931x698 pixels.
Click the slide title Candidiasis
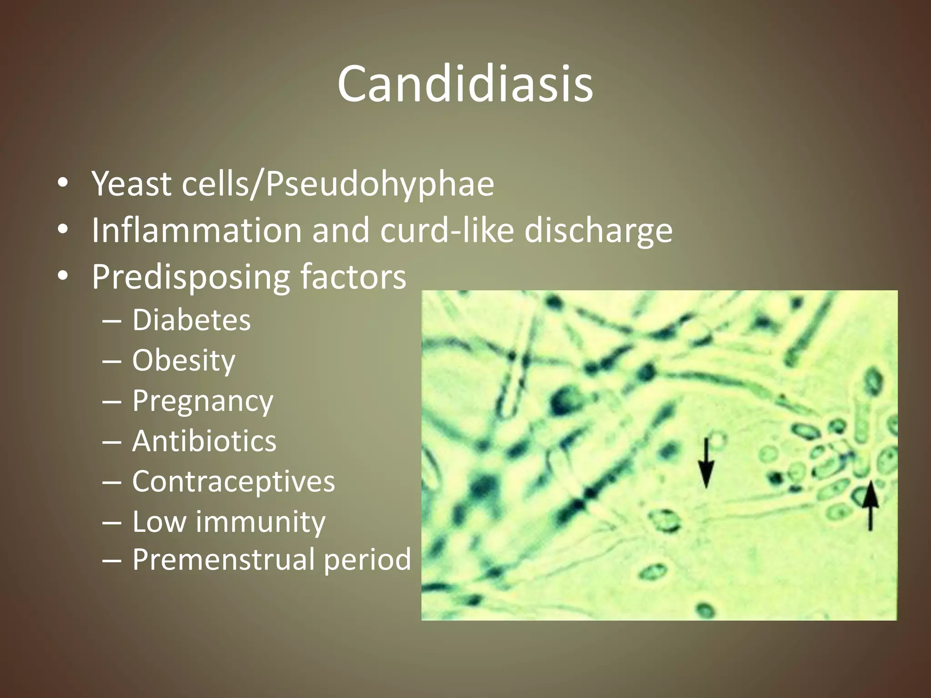[465, 84]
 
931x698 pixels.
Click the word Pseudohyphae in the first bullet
[380, 184]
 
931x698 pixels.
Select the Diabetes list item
[191, 320]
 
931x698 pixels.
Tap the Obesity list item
[184, 361]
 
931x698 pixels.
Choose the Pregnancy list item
[203, 402]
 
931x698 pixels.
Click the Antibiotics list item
[204, 441]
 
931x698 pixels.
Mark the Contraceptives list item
[234, 481]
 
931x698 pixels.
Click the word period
[367, 560]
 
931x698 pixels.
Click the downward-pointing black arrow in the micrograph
[706, 464]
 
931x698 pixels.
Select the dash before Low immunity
[112, 522]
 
